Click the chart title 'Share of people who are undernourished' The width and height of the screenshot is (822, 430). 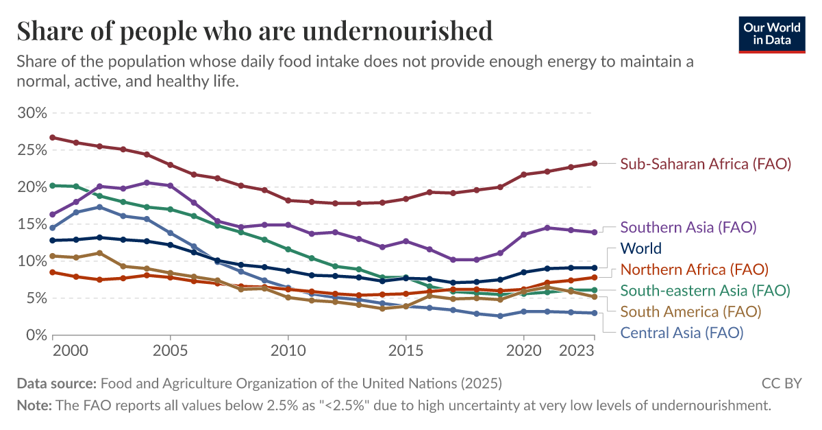[254, 31]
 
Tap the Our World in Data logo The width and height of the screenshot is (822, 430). [772, 32]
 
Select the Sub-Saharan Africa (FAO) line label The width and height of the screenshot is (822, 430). [706, 164]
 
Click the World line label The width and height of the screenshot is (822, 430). [640, 248]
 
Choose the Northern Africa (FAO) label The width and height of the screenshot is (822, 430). [694, 270]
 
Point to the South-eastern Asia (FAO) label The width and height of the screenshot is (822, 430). [705, 291]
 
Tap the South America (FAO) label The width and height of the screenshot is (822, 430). [690, 312]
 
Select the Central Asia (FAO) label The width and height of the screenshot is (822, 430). [682, 333]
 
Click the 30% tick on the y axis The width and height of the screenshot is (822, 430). [32, 112]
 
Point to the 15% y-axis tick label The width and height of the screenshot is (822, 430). [32, 224]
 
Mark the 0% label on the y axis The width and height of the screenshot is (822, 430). [36, 335]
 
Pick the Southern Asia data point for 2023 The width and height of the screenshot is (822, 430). [594, 232]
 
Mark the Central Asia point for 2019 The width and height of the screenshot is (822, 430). [500, 316]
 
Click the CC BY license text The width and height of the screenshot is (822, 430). [781, 383]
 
